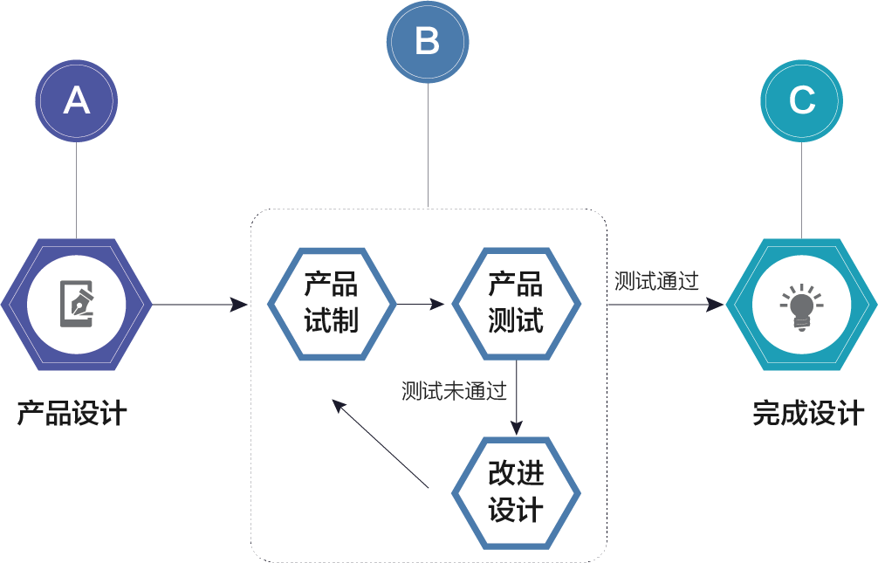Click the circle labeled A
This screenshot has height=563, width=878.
pyautogui.click(x=77, y=101)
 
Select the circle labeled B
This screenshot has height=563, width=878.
pyautogui.click(x=428, y=42)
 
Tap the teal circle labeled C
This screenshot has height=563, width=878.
pyautogui.click(x=801, y=101)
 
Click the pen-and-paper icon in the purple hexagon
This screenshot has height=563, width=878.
pyautogui.click(x=77, y=304)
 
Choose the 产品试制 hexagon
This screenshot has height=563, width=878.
pyautogui.click(x=331, y=304)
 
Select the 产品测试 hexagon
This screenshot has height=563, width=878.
pyautogui.click(x=516, y=304)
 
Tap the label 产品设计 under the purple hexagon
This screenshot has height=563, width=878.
pyautogui.click(x=72, y=413)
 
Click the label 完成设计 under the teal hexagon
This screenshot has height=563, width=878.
pyautogui.click(x=808, y=413)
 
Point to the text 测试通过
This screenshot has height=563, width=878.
pyautogui.click(x=656, y=281)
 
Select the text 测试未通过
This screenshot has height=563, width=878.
pyautogui.click(x=454, y=391)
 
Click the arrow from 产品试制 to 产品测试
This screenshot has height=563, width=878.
pyautogui.click(x=422, y=305)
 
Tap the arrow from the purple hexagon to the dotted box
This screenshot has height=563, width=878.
pyautogui.click(x=201, y=305)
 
